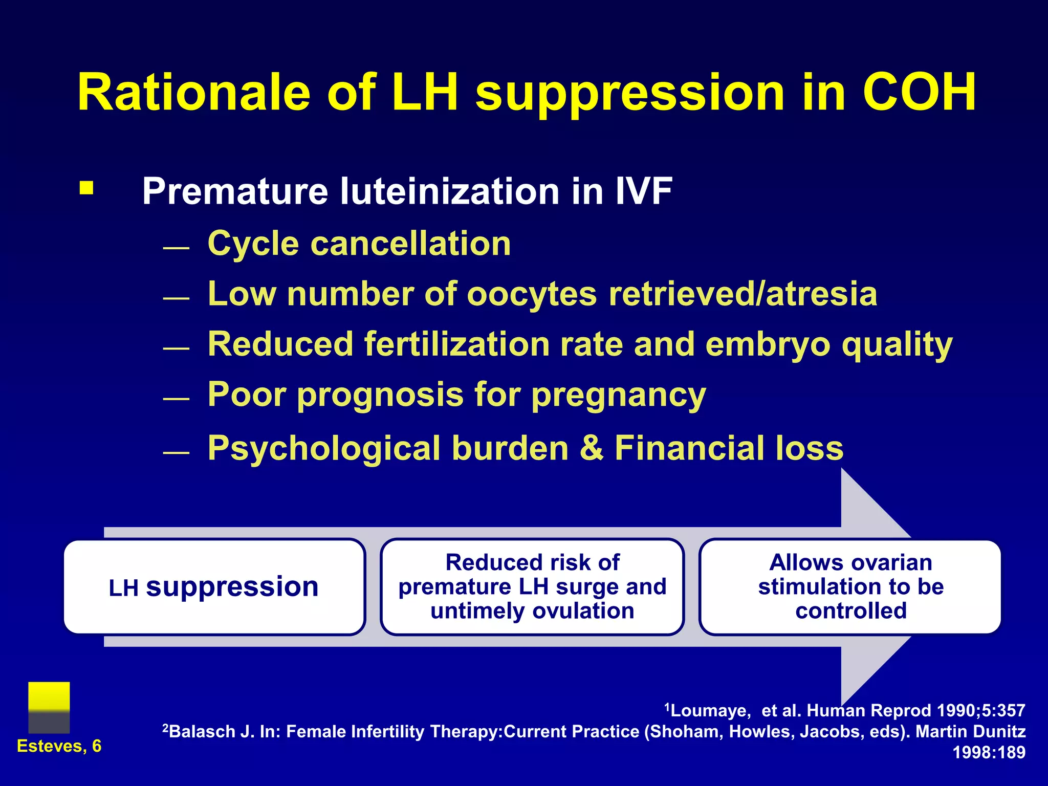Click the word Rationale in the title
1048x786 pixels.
[193, 93]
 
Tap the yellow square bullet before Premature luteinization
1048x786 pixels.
[86, 188]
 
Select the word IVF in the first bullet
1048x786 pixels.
[643, 191]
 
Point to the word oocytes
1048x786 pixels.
[532, 294]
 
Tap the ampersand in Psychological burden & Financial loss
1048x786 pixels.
[592, 448]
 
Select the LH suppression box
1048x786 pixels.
[214, 586]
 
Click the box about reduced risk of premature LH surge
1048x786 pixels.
[532, 586]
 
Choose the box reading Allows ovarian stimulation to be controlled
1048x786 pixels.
[850, 586]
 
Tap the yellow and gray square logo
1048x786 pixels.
[49, 707]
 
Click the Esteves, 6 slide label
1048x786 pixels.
[59, 746]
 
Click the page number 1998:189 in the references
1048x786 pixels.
[989, 752]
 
